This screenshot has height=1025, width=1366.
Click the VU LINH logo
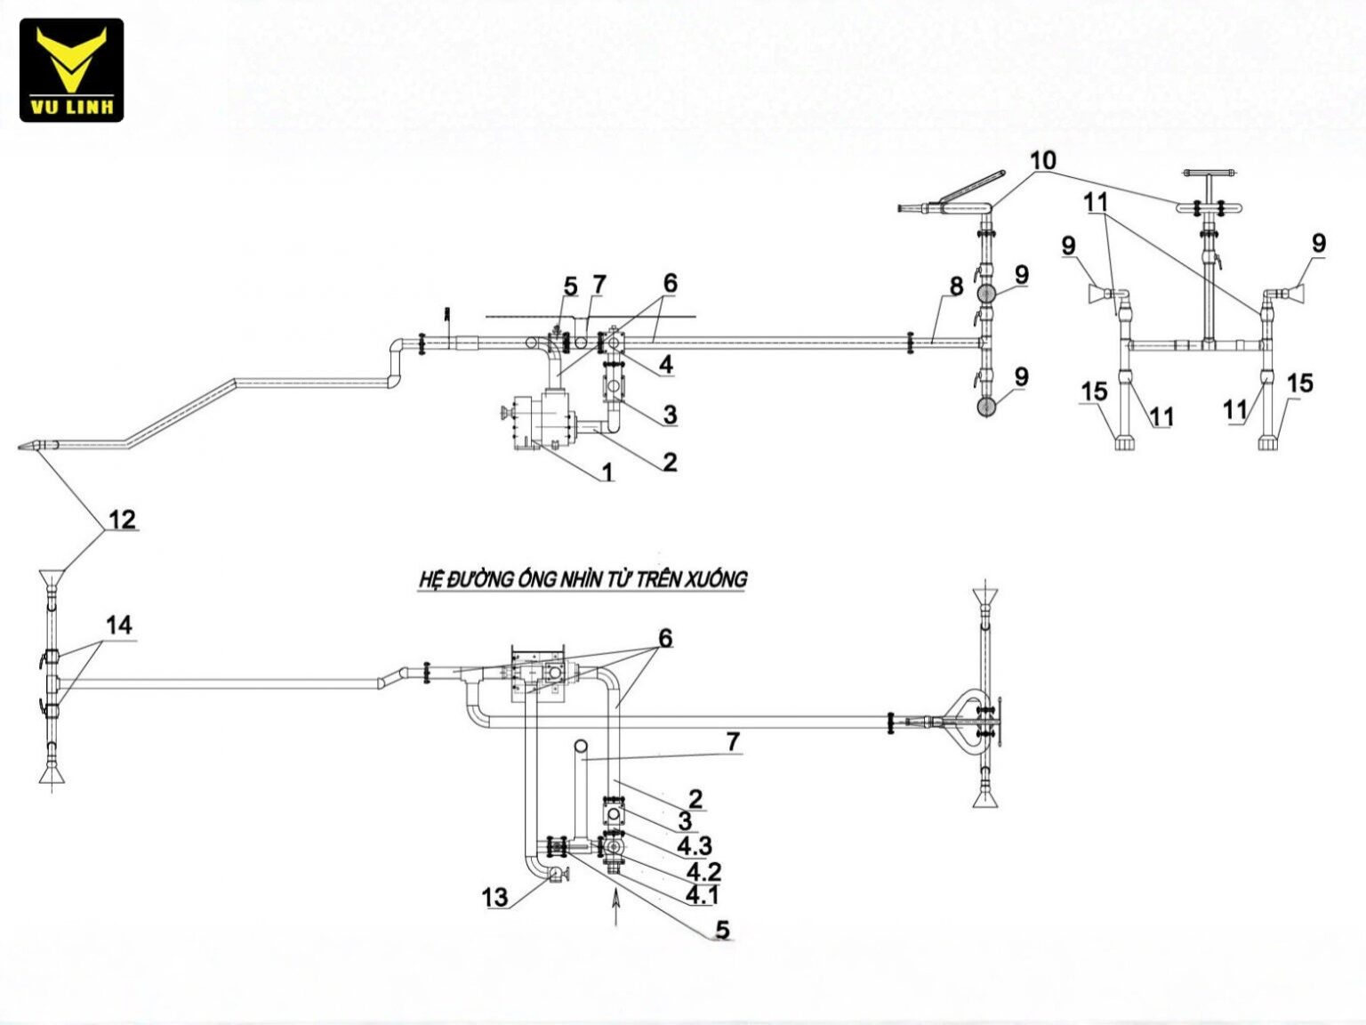[x=71, y=69]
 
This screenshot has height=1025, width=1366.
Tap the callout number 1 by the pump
[x=607, y=472]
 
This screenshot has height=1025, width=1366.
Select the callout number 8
[x=957, y=287]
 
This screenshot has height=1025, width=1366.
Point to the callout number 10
[x=1043, y=160]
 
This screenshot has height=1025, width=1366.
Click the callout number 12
[x=122, y=519]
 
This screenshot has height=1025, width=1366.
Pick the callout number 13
[x=494, y=897]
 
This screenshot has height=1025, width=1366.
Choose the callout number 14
[x=119, y=625]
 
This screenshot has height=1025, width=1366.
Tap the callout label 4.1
[x=702, y=895]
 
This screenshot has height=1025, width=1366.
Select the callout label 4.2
[x=703, y=871]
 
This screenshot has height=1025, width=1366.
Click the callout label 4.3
[x=695, y=846]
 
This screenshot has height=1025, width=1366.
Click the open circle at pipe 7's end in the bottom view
[x=581, y=746]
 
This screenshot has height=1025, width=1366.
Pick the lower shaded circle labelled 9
[x=985, y=407]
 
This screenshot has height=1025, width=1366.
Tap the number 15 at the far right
[x=1300, y=383]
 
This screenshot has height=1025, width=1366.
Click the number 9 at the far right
[x=1319, y=243]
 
